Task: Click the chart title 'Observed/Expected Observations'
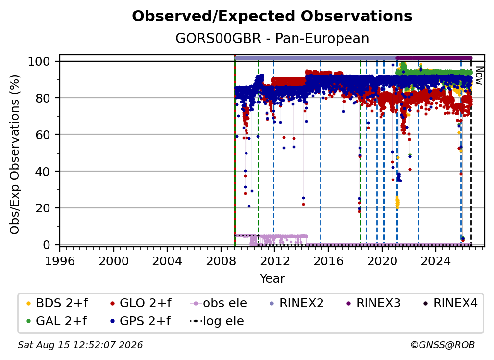tap(272, 16)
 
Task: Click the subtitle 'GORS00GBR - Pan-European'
tap(272, 38)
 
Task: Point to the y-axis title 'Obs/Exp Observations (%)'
tap(15, 154)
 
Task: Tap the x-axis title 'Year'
tap(272, 279)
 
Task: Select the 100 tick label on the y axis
tap(39, 61)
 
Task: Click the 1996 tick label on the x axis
tap(60, 261)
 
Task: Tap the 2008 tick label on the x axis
tap(221, 261)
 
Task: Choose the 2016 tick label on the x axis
tap(328, 261)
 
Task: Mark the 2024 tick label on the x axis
tap(436, 261)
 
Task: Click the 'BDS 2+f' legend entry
tap(57, 303)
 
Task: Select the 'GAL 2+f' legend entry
tap(56, 321)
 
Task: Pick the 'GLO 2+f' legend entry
tap(141, 303)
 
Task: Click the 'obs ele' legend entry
tap(219, 303)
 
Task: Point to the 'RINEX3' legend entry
tap(373, 303)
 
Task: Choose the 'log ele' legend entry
tap(217, 321)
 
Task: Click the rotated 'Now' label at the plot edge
tap(478, 76)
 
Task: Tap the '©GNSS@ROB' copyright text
tap(443, 345)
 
